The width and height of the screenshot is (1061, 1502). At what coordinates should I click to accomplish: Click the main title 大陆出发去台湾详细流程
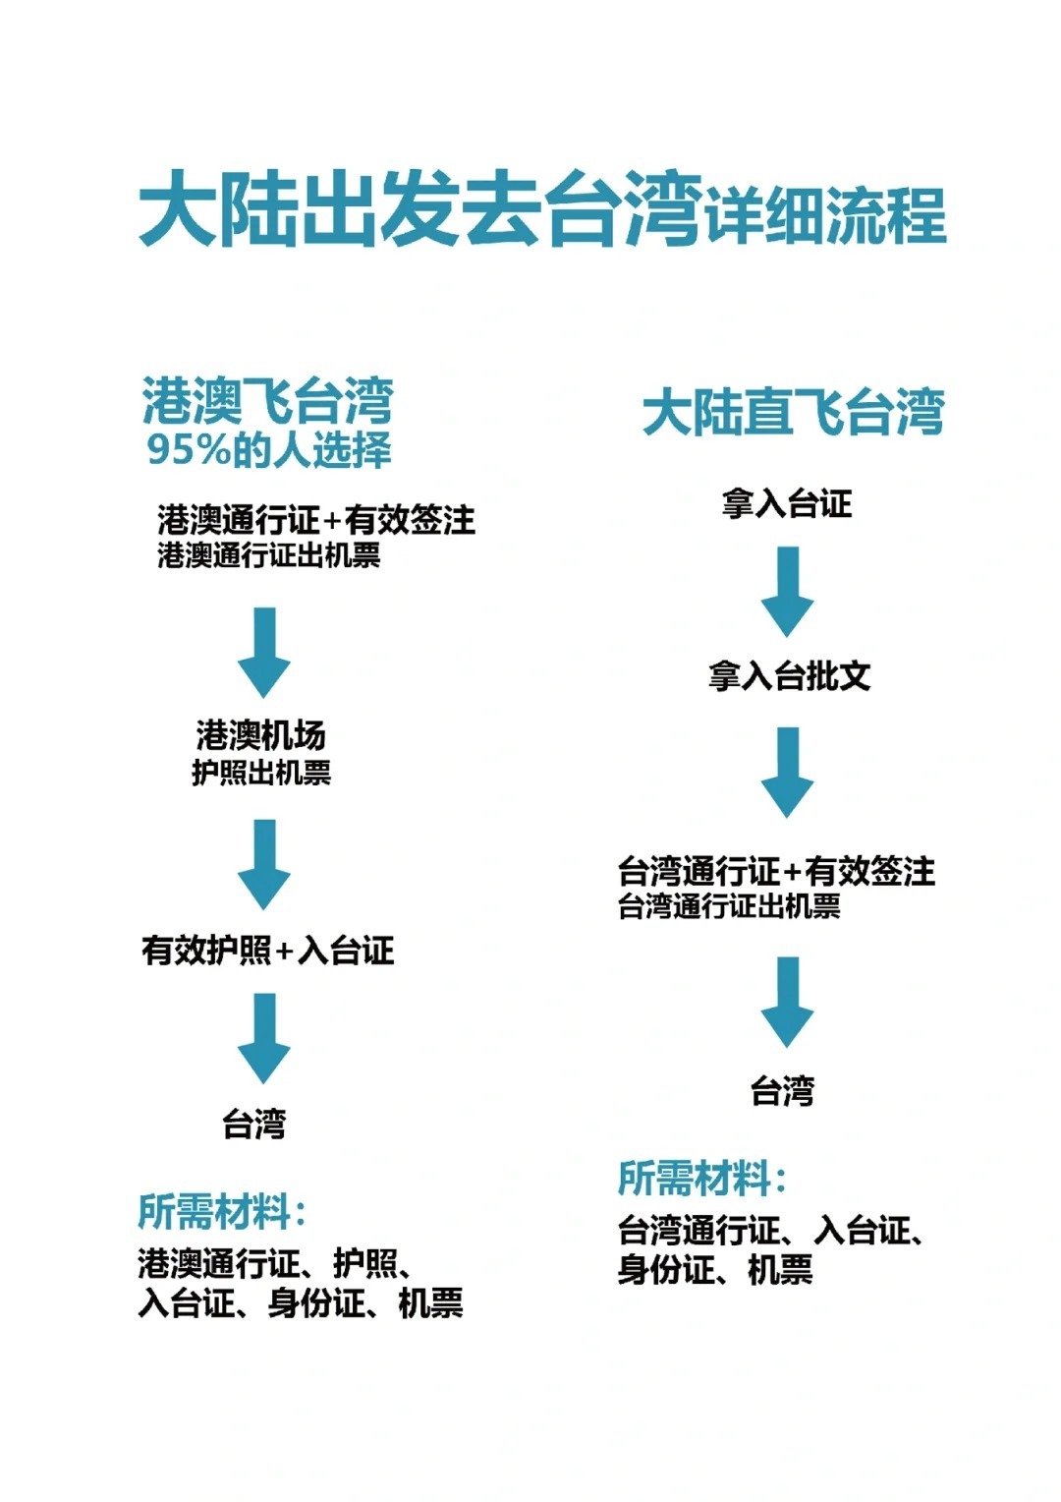coord(541,211)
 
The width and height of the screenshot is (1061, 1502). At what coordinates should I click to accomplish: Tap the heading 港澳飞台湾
coord(267,401)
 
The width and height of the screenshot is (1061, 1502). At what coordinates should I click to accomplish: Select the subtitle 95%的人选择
coord(269,450)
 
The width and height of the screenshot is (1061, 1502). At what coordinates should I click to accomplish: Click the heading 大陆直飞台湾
coord(793,412)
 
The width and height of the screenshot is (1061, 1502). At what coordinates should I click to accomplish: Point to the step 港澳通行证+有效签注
coord(316,519)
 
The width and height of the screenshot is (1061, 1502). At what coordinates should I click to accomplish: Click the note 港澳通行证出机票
coord(269,556)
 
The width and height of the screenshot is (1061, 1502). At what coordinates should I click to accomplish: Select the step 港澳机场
coord(261,735)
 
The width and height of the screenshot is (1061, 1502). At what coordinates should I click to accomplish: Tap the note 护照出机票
coord(261,773)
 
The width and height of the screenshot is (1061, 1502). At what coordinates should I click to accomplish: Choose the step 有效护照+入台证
coord(267,951)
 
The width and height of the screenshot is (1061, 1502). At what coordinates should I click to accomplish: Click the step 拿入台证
coord(787,504)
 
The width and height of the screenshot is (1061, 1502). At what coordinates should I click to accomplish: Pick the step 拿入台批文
coord(789,676)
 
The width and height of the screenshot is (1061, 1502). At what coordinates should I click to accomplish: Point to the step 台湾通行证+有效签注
coord(776,871)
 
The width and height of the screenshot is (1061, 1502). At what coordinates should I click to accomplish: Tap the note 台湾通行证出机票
coord(729,906)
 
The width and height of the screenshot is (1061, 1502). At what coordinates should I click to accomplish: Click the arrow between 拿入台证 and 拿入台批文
coord(787,591)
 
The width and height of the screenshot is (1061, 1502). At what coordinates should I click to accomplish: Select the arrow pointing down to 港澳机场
coord(264,652)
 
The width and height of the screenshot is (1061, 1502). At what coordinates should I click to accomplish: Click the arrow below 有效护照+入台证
coord(264,1037)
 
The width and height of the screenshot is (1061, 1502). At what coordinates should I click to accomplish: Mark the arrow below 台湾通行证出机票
coord(787,1001)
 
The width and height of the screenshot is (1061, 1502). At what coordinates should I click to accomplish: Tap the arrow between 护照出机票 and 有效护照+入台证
coord(264,864)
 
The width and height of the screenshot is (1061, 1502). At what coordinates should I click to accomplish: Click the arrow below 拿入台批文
coord(787,772)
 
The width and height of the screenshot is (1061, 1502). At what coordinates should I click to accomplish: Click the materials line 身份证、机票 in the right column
coord(715,1270)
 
